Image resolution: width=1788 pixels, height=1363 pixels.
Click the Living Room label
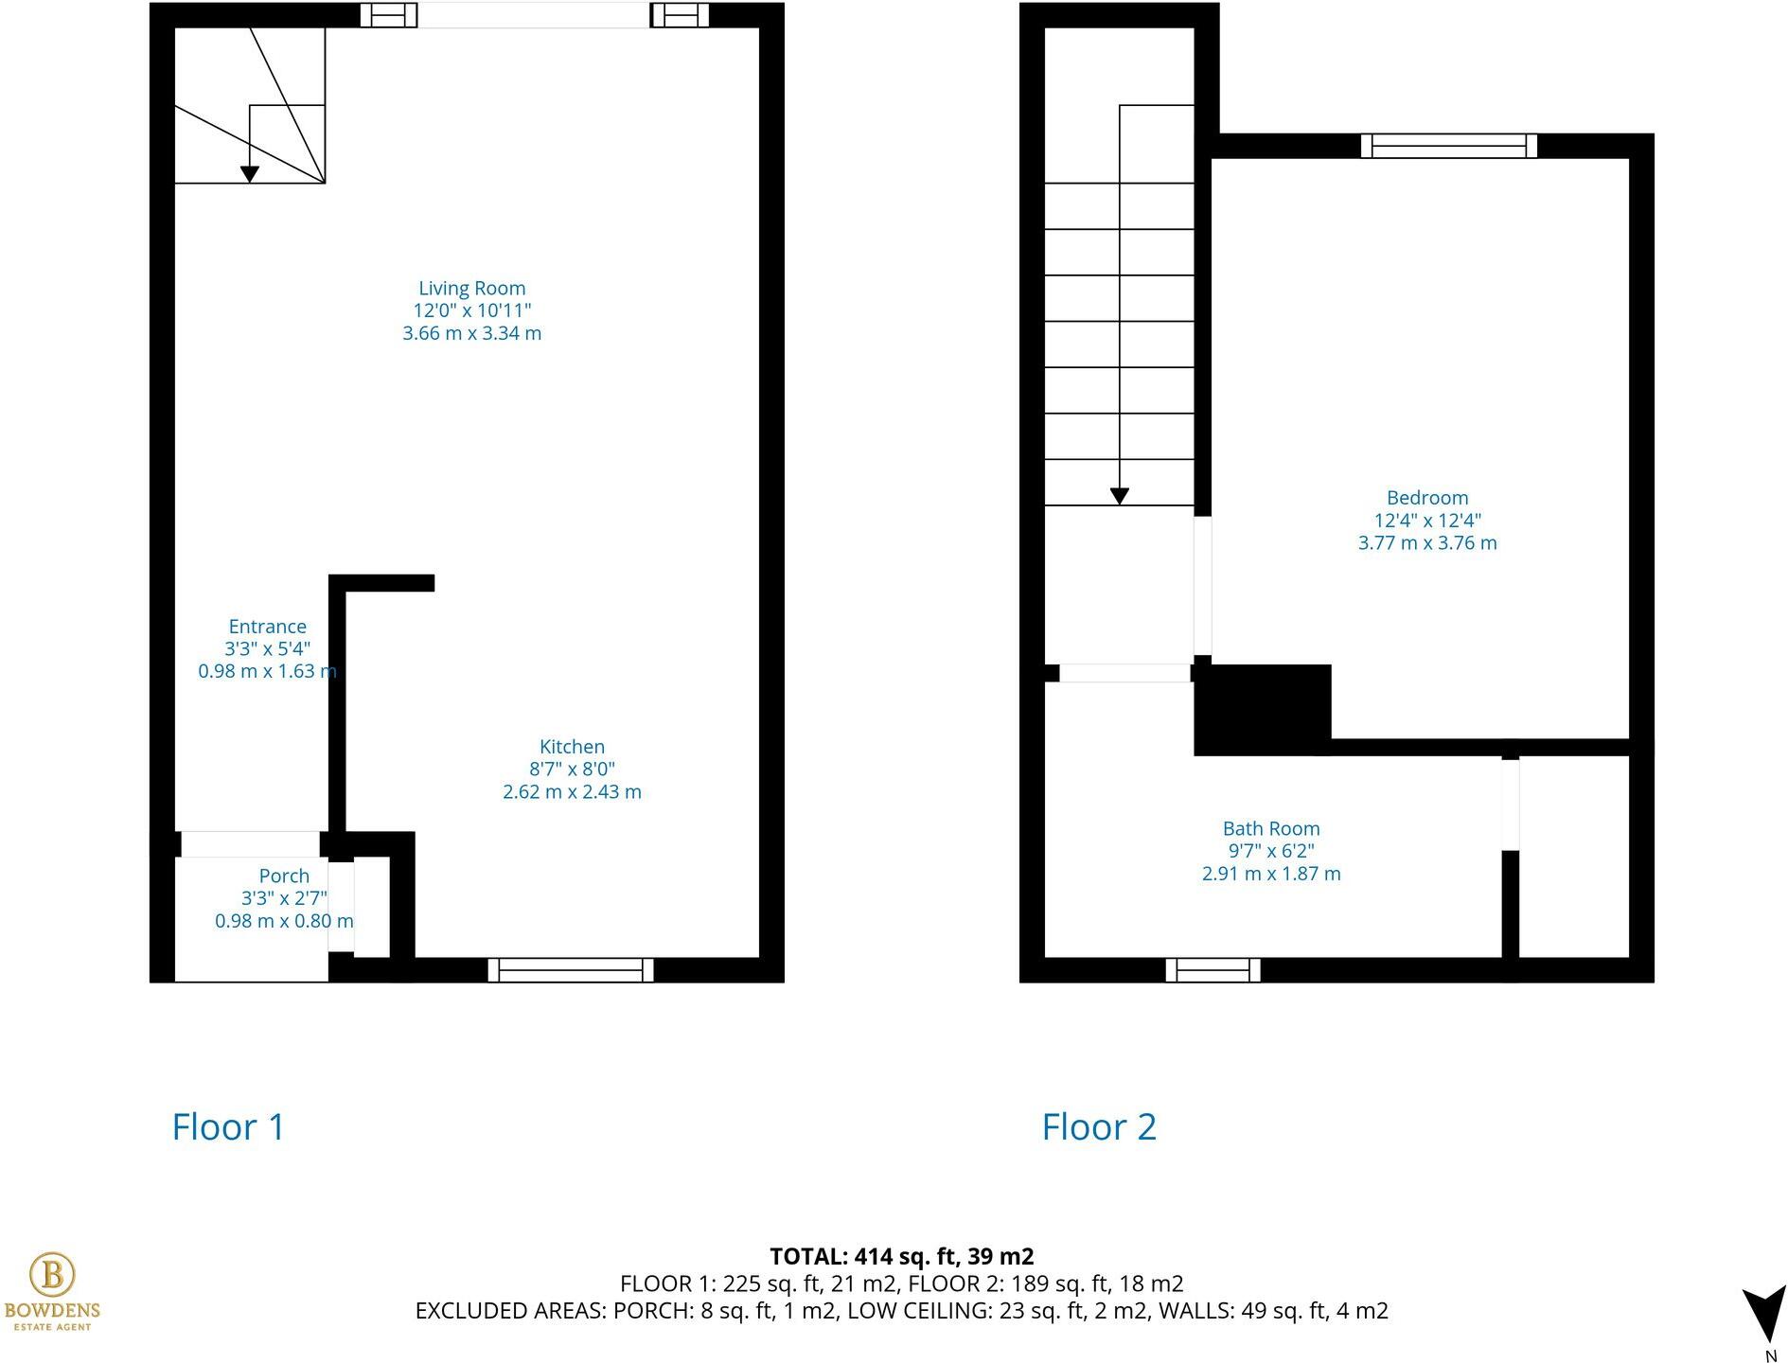(471, 289)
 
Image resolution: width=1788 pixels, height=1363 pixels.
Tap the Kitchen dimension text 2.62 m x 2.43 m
(572, 792)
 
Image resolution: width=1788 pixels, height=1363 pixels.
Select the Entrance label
(267, 627)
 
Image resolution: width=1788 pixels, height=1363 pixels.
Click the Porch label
(284, 876)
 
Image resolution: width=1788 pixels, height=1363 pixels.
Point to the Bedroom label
(1426, 498)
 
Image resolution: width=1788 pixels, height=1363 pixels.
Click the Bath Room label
(1270, 829)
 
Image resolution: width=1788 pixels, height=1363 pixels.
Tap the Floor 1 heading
(228, 1127)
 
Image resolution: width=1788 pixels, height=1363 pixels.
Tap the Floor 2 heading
(1099, 1127)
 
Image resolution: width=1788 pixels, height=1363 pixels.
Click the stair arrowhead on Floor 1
(249, 174)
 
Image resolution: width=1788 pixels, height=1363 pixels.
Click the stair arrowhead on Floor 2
(1119, 496)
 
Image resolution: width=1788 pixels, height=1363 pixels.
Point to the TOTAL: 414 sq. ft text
(901, 1257)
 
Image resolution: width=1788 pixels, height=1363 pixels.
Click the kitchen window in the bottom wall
(571, 970)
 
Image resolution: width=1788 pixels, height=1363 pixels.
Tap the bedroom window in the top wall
(1448, 146)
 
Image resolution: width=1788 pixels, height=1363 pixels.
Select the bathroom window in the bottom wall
(1213, 970)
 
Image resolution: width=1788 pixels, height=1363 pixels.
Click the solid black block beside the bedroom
(1262, 710)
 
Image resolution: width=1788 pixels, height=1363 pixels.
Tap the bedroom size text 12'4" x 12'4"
(1426, 521)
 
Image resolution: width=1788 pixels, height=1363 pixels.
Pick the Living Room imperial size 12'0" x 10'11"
(471, 311)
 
